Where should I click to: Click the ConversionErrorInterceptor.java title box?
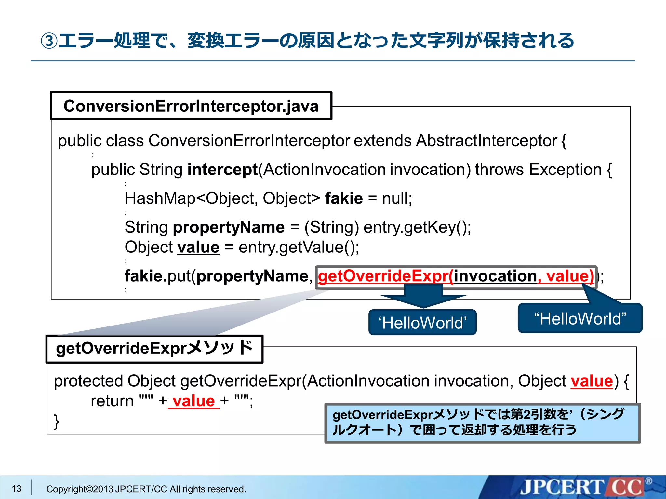pos(191,106)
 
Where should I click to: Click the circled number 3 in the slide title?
pos(49,41)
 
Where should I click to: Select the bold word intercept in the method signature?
pos(222,170)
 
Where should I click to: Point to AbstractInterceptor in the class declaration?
pos(486,141)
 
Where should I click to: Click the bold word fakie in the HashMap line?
pos(344,198)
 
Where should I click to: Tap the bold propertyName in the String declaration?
pos(229,227)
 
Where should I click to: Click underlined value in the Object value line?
pos(198,247)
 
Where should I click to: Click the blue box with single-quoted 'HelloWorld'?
pos(422,323)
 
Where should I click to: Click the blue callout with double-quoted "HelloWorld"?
pos(580,319)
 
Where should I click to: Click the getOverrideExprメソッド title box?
pos(154,349)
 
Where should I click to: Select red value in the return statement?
pos(194,401)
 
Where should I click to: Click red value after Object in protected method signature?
pos(592,381)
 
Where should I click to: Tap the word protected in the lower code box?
pos(88,381)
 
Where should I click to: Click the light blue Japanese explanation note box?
pos(482,423)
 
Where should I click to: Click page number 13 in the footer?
pos(16,488)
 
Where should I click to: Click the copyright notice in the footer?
pos(146,489)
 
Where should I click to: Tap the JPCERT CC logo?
pos(582,487)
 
